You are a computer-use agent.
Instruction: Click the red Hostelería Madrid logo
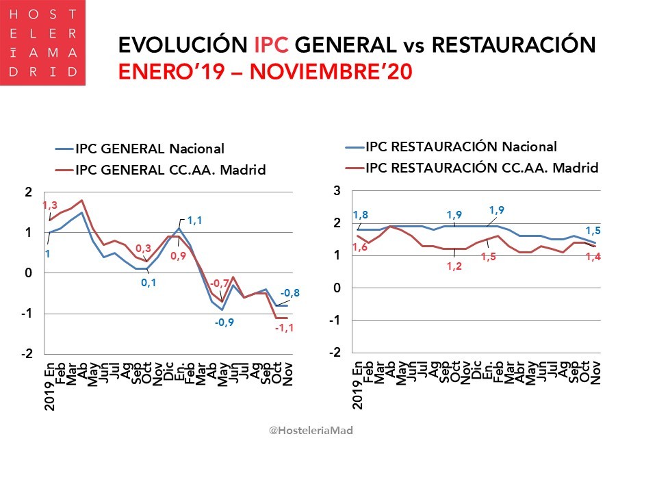point(42,42)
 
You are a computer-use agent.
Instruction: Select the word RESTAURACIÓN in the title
point(514,45)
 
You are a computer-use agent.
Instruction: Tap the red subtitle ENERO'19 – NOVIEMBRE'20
point(265,72)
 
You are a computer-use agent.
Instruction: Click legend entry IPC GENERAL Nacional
point(149,149)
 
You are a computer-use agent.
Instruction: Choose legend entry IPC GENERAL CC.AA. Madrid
point(169,170)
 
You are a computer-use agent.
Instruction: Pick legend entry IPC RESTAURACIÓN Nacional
point(461,146)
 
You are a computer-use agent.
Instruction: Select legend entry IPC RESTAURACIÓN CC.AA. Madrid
point(482,168)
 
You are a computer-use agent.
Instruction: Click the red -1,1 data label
point(285,329)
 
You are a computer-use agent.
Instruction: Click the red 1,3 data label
point(49,205)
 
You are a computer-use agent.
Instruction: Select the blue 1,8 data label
point(360,216)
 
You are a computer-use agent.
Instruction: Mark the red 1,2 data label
point(454,266)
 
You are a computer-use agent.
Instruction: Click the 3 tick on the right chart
point(337,191)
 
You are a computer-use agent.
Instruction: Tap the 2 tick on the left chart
point(28,192)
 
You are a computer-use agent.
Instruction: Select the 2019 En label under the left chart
point(50,388)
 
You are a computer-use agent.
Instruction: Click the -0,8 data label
point(290,294)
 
